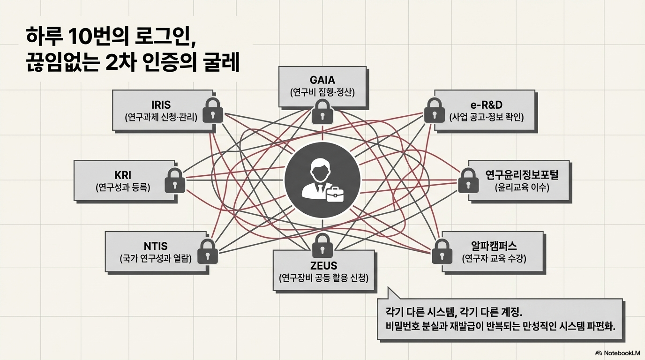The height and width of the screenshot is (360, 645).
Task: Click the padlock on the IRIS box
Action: (x=213, y=110)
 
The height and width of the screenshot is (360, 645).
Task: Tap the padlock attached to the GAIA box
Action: (x=322, y=112)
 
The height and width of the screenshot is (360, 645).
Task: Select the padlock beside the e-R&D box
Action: (x=434, y=110)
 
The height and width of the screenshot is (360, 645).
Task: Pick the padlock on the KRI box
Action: (x=175, y=180)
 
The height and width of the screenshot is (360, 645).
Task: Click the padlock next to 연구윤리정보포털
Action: (x=468, y=180)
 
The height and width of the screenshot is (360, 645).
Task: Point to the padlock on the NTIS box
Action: (x=208, y=251)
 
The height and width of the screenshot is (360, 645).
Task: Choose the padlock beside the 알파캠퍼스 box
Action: (x=442, y=251)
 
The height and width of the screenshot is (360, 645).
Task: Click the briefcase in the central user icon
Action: (x=335, y=194)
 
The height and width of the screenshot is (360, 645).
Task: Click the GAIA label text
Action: (x=322, y=80)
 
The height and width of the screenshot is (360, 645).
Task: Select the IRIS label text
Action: (x=161, y=105)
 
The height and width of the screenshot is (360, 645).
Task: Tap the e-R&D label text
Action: (x=487, y=105)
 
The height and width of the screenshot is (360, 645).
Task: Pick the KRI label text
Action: (x=123, y=175)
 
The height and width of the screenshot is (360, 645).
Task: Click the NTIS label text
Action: (x=156, y=246)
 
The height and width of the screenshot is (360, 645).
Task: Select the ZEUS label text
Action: (x=323, y=265)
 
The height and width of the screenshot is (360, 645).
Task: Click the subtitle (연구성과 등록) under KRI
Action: (x=123, y=188)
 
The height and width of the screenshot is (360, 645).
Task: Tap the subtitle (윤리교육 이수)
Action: (x=522, y=188)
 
